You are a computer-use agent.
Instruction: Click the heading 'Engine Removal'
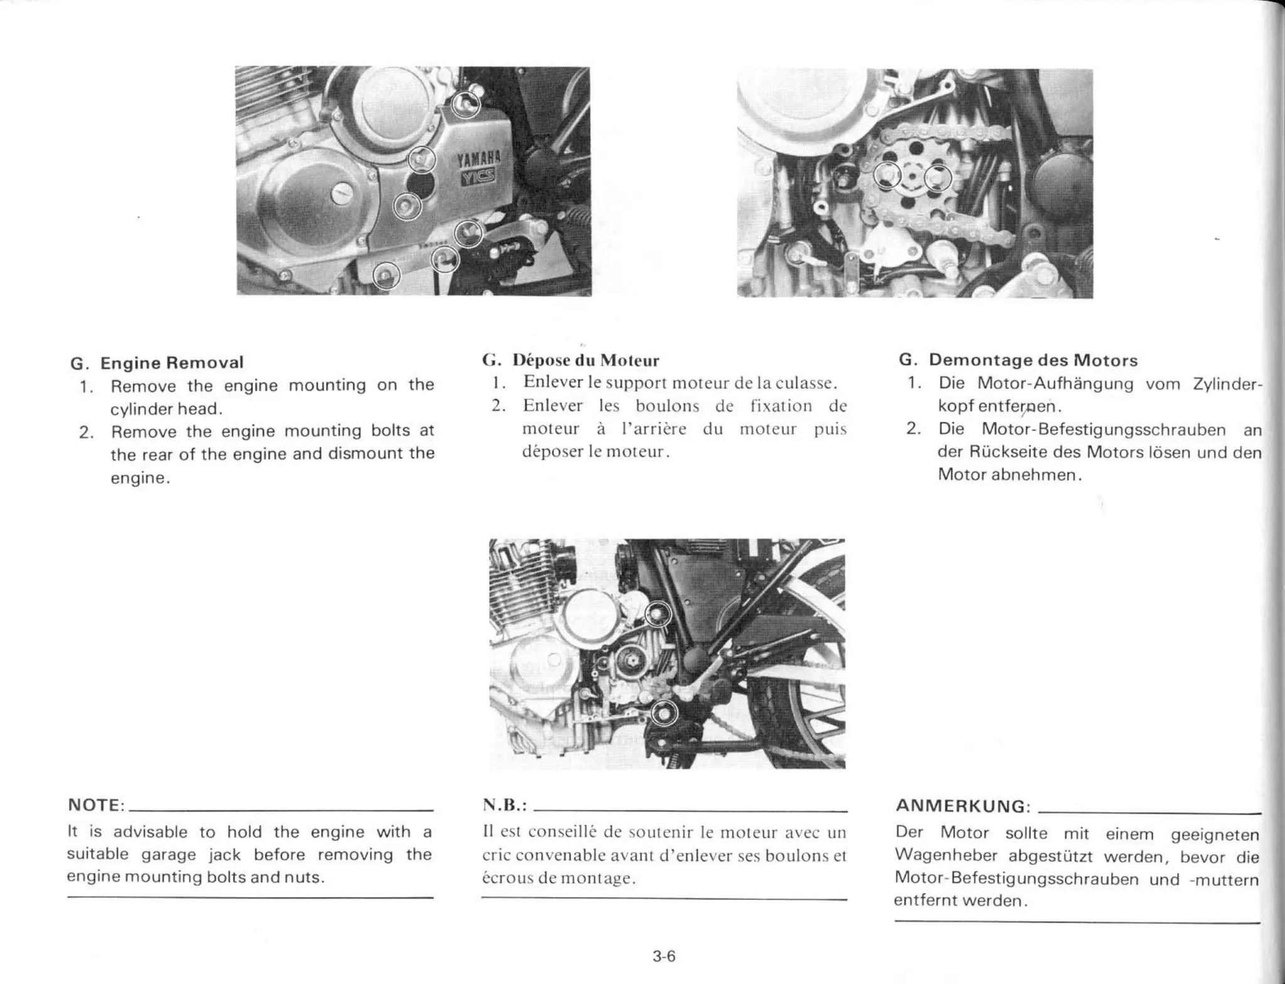tap(171, 362)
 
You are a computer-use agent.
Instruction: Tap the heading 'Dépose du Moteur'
tap(585, 361)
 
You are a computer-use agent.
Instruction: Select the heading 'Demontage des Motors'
tap(1033, 360)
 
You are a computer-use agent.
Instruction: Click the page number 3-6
tap(664, 956)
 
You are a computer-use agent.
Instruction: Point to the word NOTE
tap(95, 805)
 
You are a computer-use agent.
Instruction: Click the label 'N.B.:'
tap(504, 805)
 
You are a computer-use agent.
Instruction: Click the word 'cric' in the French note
tap(496, 855)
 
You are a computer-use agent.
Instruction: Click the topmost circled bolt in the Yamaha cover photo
tap(466, 103)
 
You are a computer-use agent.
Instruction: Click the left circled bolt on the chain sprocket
tap(887, 176)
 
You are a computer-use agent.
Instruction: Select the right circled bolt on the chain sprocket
tap(937, 179)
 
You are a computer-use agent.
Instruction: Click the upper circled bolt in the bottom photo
tap(658, 614)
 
